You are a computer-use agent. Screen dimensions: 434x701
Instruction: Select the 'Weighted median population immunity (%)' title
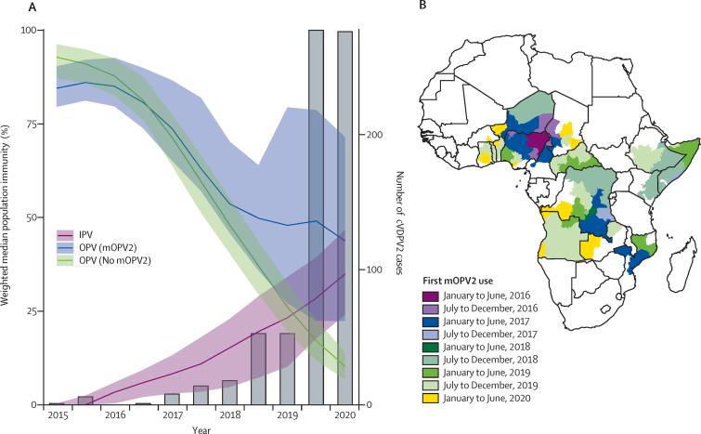[8, 217]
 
